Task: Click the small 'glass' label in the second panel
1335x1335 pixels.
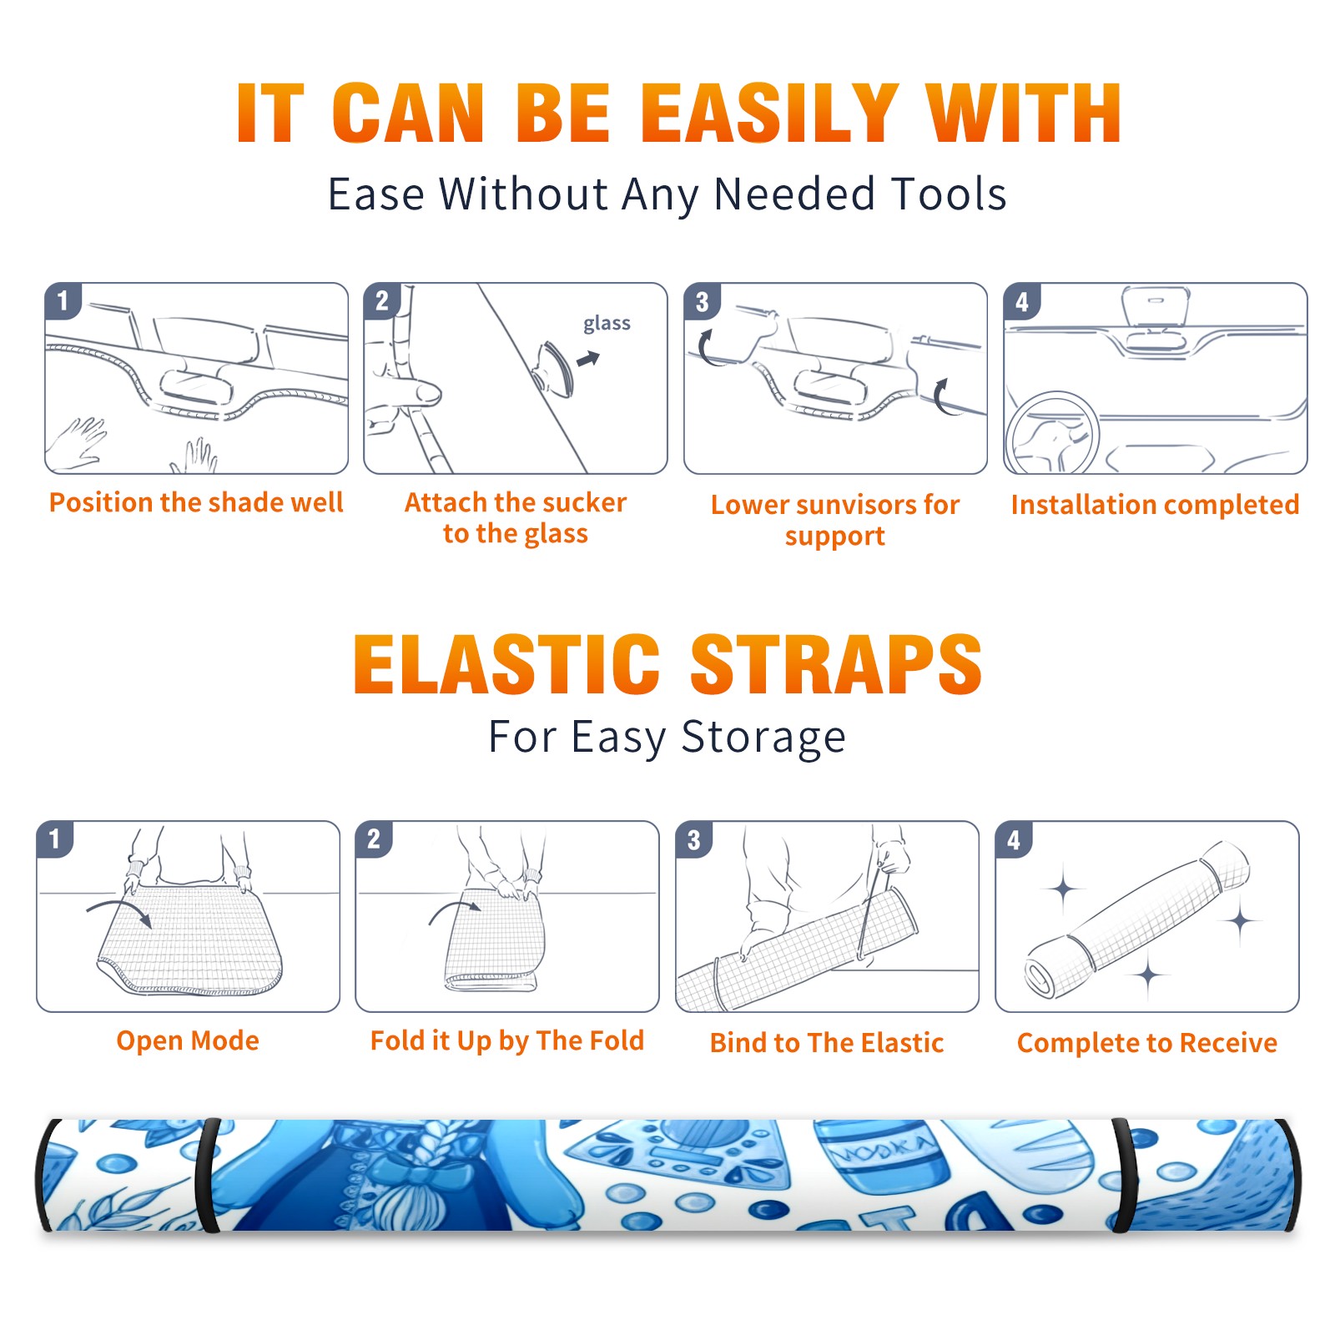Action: [x=607, y=324]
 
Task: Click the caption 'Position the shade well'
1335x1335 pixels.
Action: [x=196, y=502]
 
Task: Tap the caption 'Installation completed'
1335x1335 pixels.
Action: [x=1155, y=504]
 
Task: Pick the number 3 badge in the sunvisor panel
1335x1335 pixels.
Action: [x=702, y=301]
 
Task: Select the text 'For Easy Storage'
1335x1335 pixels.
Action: [x=667, y=737]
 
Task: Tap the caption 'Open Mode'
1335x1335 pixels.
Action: [x=188, y=1040]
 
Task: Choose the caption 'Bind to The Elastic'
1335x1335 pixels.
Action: [x=826, y=1043]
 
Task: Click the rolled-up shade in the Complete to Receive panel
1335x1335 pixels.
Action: [x=1138, y=919]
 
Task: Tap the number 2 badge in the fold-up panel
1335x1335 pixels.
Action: [x=373, y=839]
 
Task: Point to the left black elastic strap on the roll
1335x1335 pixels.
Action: [x=208, y=1175]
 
